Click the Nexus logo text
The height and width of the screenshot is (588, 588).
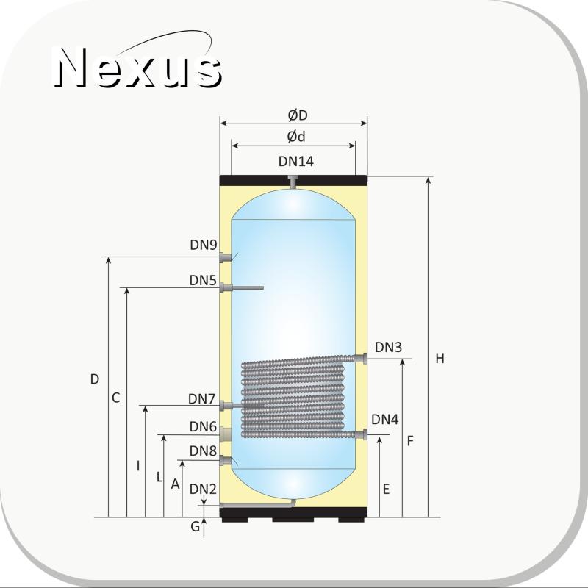(x=137, y=67)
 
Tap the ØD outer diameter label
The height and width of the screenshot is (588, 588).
(x=298, y=115)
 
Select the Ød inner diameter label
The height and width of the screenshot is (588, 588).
(x=296, y=137)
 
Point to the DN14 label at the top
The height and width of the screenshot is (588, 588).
(x=296, y=161)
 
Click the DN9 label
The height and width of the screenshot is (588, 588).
(x=204, y=245)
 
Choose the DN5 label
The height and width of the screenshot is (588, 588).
(x=203, y=280)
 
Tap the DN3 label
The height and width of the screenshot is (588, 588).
(x=389, y=347)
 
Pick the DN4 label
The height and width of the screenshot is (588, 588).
(x=384, y=420)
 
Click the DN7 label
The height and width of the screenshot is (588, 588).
(x=201, y=398)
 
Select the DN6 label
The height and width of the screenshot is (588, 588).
(x=203, y=426)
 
